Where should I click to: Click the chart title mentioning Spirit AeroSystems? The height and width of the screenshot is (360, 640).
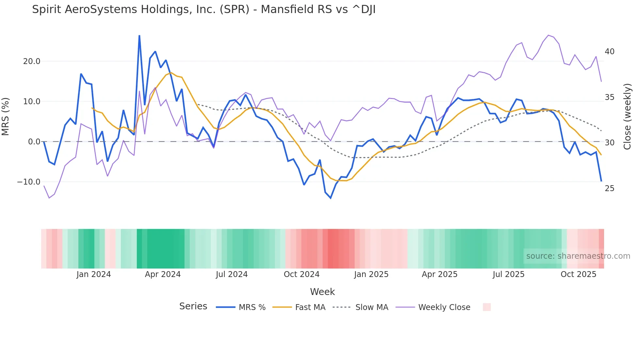coord(204,9)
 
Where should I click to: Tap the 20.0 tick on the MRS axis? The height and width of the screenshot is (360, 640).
coord(32,61)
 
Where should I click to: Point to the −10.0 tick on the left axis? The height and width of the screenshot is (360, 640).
coord(29,182)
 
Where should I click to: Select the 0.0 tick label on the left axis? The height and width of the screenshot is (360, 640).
coord(34,142)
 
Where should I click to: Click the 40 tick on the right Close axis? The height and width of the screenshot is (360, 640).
coord(609,52)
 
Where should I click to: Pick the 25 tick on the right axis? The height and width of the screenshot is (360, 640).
coord(609,188)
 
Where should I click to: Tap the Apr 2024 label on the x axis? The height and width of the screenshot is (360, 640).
coord(163,274)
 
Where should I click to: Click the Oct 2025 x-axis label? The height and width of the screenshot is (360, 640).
coord(578,274)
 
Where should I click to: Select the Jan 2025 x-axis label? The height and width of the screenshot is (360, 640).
coord(371,274)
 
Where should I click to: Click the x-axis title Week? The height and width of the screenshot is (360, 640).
coord(322,292)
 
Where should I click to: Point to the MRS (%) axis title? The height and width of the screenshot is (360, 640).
coord(6,116)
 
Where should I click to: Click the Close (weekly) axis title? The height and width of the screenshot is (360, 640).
coord(627,116)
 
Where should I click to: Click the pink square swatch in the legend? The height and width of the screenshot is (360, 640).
coord(487,307)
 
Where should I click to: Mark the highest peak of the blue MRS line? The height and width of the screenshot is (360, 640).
coord(139,36)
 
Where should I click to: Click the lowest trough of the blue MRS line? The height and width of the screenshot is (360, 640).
coord(330,198)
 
